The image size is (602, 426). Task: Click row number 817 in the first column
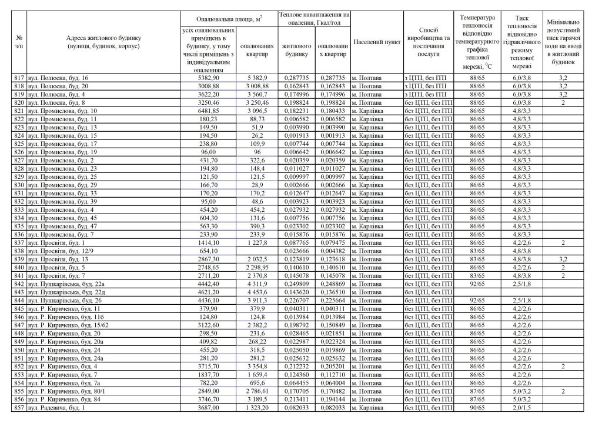[x=19, y=78]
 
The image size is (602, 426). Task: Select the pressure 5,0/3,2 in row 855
[x=520, y=390]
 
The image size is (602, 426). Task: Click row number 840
[x=19, y=268]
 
